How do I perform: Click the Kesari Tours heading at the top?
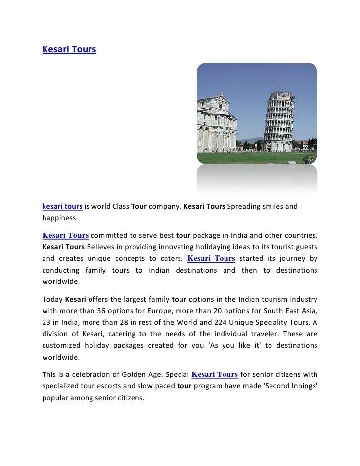coord(69,50)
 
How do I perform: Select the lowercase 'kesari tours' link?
coord(62,206)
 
